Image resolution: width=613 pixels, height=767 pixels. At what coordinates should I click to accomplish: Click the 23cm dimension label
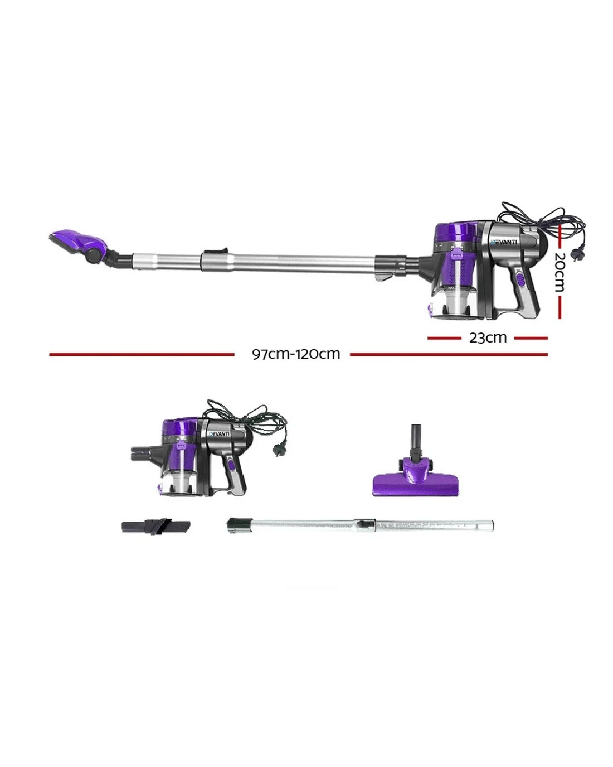coord(488,337)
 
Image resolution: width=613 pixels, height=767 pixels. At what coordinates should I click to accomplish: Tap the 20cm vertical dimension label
coord(560,272)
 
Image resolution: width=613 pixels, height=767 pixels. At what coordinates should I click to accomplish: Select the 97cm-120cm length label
coord(296,354)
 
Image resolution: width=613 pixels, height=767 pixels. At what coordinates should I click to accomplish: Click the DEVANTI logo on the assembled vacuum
coord(504,242)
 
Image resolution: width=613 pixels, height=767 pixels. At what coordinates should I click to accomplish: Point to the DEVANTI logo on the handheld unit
coord(220,434)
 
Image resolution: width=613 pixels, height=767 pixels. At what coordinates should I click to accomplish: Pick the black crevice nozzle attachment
coord(155,527)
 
